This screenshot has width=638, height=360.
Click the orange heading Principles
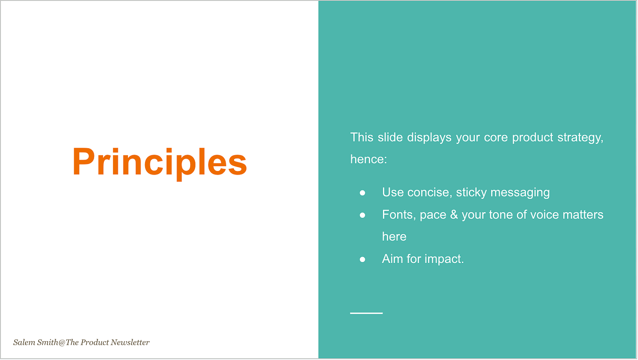(x=159, y=162)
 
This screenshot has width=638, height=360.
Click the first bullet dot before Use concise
(x=362, y=193)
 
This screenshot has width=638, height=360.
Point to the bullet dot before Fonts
(x=362, y=215)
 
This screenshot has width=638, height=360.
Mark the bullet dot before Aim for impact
(x=362, y=260)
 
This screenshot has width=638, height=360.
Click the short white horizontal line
(x=366, y=313)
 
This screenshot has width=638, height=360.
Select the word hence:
(x=369, y=159)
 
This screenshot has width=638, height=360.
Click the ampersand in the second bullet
(x=454, y=215)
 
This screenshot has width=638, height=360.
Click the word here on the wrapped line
(x=394, y=237)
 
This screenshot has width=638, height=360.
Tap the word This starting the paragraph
(x=362, y=137)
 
